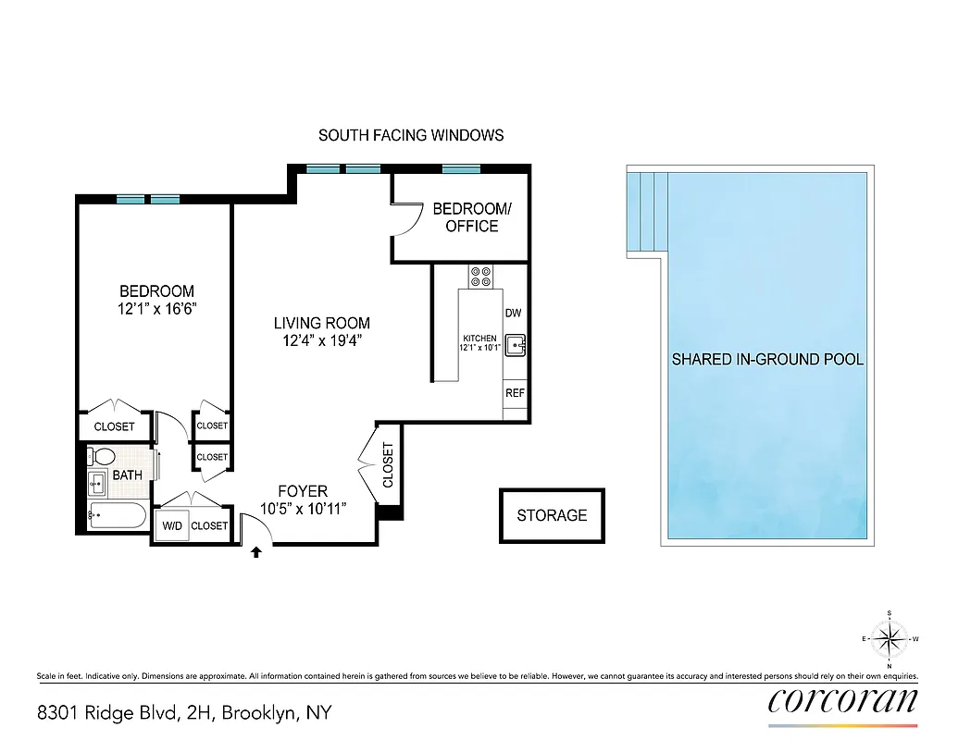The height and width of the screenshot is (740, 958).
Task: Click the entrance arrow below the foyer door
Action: [256, 553]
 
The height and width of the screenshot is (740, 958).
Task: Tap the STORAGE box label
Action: [552, 515]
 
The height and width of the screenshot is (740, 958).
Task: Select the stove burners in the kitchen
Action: [480, 277]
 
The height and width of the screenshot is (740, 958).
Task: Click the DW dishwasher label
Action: [514, 314]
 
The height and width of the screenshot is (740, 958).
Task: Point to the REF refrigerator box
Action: [515, 393]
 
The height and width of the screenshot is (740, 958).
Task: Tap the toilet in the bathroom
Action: [103, 457]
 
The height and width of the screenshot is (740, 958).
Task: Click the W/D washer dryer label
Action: [172, 525]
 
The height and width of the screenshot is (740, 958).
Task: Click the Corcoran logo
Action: [843, 700]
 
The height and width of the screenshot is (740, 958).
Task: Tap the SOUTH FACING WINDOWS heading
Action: [411, 135]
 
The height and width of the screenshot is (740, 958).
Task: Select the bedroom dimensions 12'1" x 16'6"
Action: [156, 309]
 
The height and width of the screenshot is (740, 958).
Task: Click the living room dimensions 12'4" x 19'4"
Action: [321, 340]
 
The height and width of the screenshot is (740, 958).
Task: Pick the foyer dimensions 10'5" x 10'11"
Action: [303, 508]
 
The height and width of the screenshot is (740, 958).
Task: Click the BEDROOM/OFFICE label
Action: [471, 217]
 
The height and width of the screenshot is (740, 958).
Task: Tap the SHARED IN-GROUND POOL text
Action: [767, 359]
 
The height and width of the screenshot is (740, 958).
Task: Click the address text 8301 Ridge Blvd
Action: [183, 713]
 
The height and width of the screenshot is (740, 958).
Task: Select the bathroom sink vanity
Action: [98, 482]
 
